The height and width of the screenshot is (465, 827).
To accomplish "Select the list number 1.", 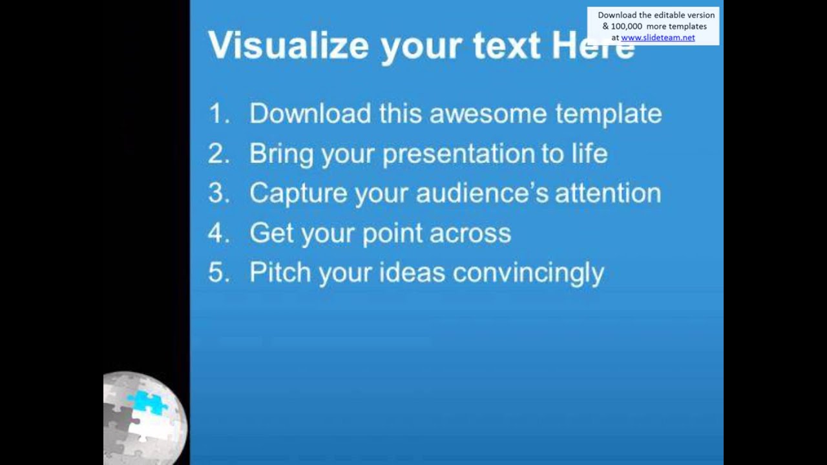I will (x=219, y=114).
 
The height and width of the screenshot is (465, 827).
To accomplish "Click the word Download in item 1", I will (x=310, y=114).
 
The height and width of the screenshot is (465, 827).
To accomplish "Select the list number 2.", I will (x=219, y=154).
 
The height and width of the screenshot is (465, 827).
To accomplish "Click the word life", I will (x=589, y=154).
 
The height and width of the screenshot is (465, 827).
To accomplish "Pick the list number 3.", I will (x=219, y=194).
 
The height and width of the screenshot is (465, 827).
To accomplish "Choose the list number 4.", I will (x=219, y=234).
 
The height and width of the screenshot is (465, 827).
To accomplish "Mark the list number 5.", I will (x=219, y=273).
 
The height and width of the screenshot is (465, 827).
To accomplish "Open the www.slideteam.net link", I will (x=658, y=37).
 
